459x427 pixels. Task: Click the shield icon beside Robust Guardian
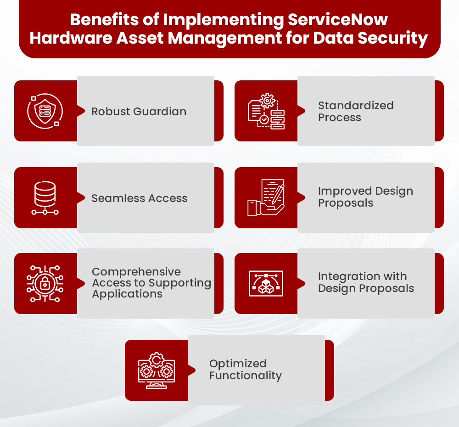(45, 111)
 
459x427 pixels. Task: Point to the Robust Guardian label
(139, 111)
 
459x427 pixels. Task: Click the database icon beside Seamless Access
(45, 198)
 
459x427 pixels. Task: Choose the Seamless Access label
(139, 198)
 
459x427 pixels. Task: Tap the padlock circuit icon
(45, 283)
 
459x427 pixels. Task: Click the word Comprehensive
(136, 271)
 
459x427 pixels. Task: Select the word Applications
(127, 294)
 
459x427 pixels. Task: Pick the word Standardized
(356, 105)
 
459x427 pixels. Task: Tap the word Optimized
(238, 364)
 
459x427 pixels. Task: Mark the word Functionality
(246, 376)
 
